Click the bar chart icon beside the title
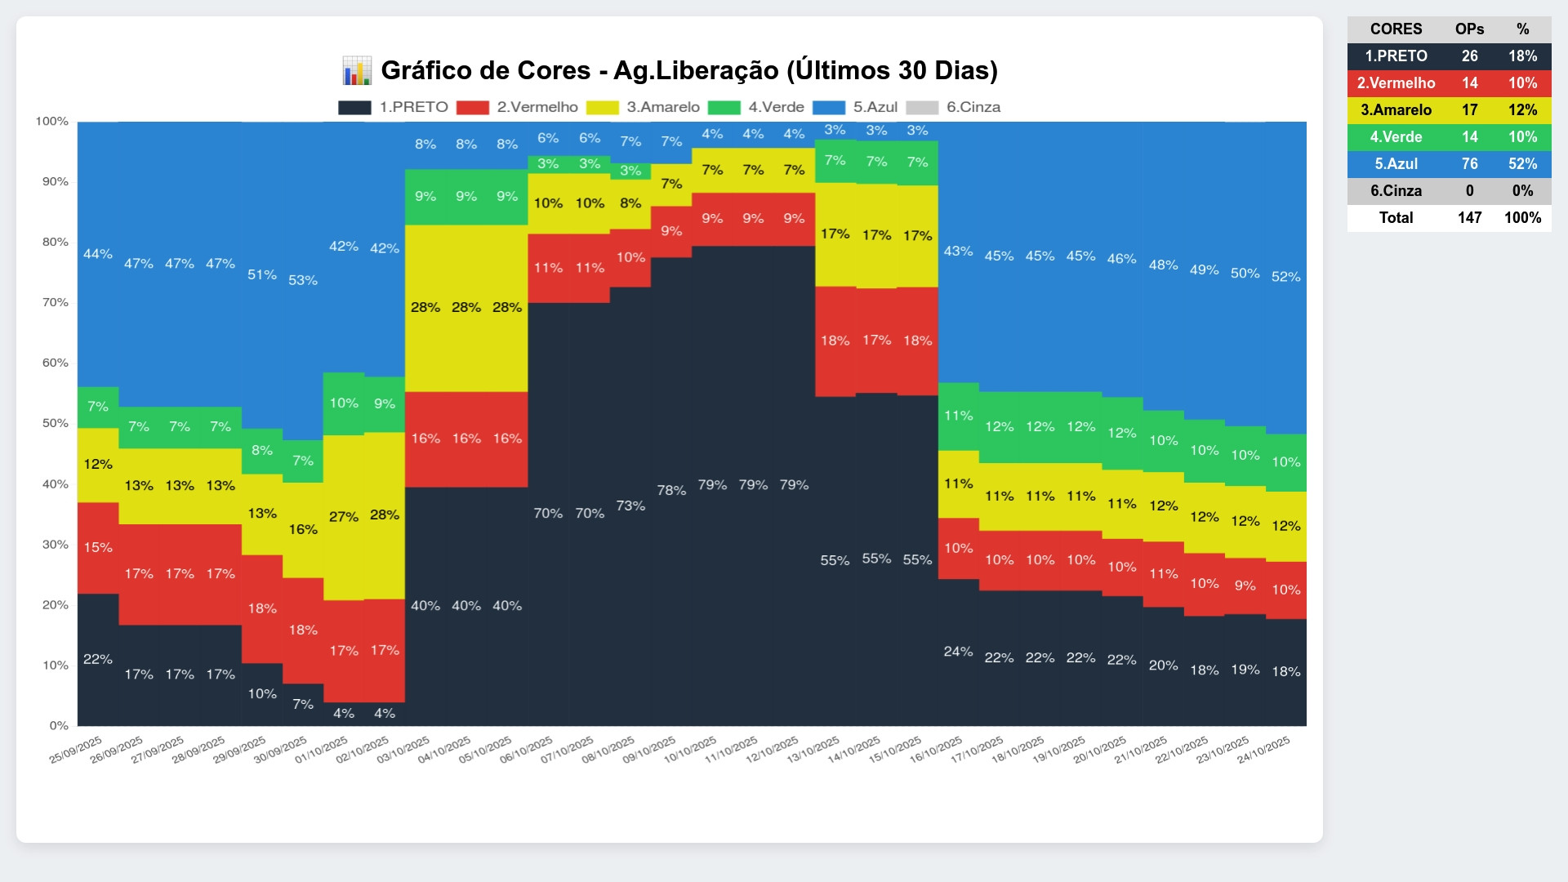(x=356, y=71)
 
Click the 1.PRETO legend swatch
(x=354, y=108)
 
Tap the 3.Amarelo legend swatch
(x=602, y=108)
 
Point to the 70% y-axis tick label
(x=56, y=302)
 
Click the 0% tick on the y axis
(x=59, y=725)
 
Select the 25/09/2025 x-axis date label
(x=76, y=749)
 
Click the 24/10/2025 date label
(x=1263, y=749)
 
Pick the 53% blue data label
(x=302, y=280)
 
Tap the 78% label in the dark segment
(x=671, y=490)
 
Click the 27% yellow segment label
(x=343, y=516)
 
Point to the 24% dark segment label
(x=958, y=652)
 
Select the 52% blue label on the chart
(x=1285, y=277)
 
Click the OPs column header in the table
(x=1469, y=29)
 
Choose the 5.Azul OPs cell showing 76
(x=1469, y=164)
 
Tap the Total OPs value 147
(x=1469, y=218)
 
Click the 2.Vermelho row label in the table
(x=1396, y=83)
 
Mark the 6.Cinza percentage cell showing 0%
(x=1522, y=191)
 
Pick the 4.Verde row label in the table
(x=1396, y=137)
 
